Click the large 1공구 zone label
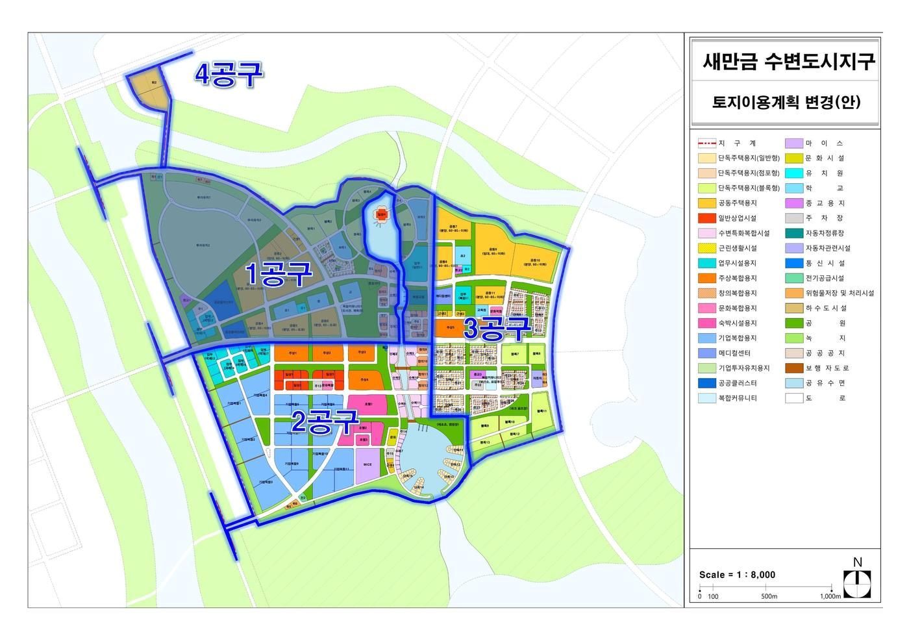tap(278, 275)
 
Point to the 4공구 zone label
tap(229, 75)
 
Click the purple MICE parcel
tap(367, 465)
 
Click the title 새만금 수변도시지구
tap(788, 62)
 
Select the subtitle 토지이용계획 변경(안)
tap(786, 103)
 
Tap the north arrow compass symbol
tap(856, 583)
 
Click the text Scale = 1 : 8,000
tap(737, 575)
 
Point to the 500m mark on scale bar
tap(769, 596)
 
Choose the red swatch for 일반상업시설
tap(706, 218)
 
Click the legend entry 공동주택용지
tap(737, 203)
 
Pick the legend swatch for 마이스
tap(794, 143)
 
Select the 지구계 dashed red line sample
tap(706, 143)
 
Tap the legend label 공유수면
tap(825, 383)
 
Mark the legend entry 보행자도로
tap(827, 368)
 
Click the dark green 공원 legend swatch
tap(794, 323)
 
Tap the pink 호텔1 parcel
tap(368, 404)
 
